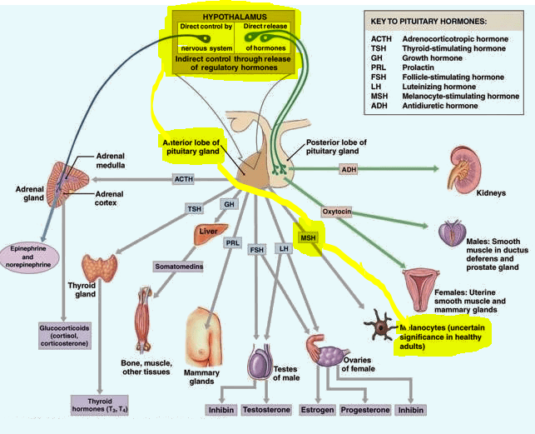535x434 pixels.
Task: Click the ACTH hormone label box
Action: [183, 179]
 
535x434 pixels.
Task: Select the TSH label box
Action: [194, 209]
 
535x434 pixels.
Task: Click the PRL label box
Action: [232, 243]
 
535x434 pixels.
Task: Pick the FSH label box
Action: [256, 250]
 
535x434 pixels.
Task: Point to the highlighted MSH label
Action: [309, 239]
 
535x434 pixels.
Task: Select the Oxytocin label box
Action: [337, 212]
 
